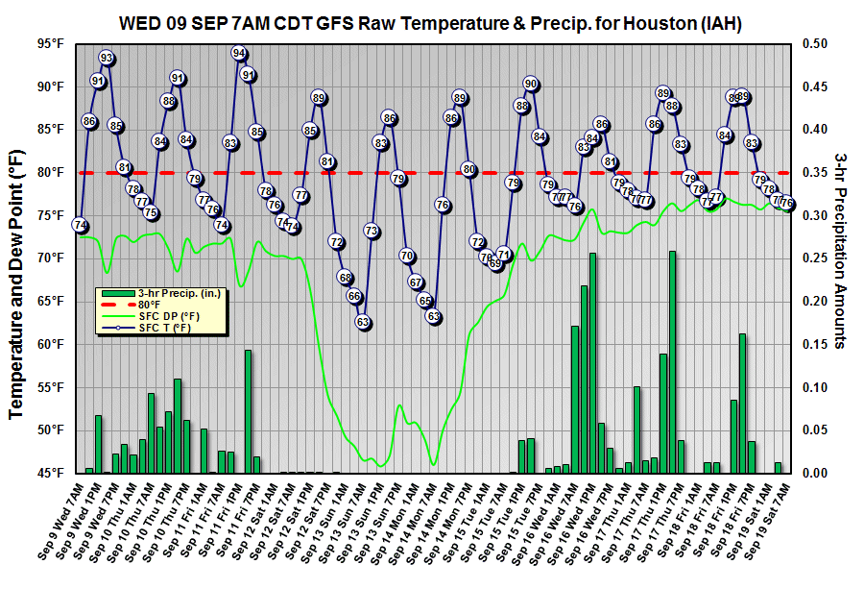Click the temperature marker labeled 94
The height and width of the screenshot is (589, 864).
click(239, 54)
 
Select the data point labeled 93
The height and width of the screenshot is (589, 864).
click(107, 59)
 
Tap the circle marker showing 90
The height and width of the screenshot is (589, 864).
click(531, 84)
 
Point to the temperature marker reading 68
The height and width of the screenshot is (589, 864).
click(346, 277)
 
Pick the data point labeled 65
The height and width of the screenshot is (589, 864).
click(424, 300)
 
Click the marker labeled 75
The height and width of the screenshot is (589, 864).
click(151, 213)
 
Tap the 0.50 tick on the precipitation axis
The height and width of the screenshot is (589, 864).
click(813, 43)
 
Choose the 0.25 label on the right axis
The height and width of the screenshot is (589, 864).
click(813, 258)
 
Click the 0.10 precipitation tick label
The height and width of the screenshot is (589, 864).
click(813, 387)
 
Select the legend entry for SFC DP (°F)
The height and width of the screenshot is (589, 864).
click(168, 315)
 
